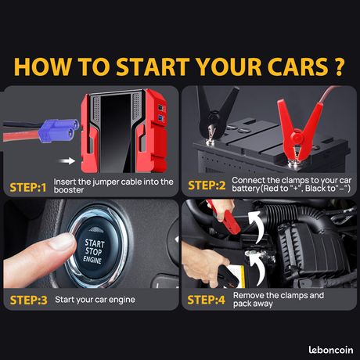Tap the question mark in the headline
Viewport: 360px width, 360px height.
click(x=339, y=67)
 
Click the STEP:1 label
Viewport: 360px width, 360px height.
click(x=28, y=188)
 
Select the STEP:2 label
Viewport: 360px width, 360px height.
click(x=207, y=185)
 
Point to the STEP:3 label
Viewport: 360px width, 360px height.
click(x=28, y=301)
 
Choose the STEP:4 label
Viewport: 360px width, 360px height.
click(x=206, y=300)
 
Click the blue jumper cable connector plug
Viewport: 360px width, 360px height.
click(x=58, y=131)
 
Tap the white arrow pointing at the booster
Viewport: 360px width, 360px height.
click(x=67, y=161)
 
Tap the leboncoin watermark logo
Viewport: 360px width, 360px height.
click(x=331, y=350)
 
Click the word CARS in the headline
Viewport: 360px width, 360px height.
click(x=297, y=67)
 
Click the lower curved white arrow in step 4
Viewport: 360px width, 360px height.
click(x=256, y=268)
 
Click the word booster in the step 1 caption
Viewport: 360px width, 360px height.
click(x=69, y=190)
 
